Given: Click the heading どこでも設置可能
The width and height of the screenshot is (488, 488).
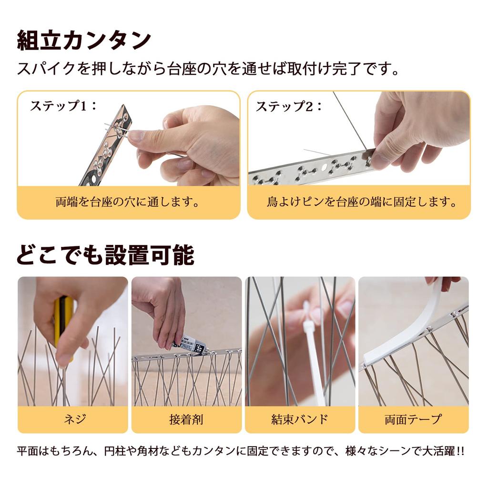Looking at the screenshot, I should pos(105,255).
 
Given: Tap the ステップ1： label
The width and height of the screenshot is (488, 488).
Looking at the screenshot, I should pos(63,105).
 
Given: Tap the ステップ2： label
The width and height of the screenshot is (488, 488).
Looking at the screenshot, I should pos(289,106).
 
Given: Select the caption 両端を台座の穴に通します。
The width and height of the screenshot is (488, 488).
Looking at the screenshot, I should pos(128,202).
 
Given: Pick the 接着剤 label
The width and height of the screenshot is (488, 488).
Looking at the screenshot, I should pos(186,419).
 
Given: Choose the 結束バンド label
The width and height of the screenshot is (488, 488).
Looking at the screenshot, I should pos(299,419).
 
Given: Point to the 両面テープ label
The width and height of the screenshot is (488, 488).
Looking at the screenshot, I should pos(413,419).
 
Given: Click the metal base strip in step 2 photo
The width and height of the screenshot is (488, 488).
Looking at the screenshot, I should pos(310,170).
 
